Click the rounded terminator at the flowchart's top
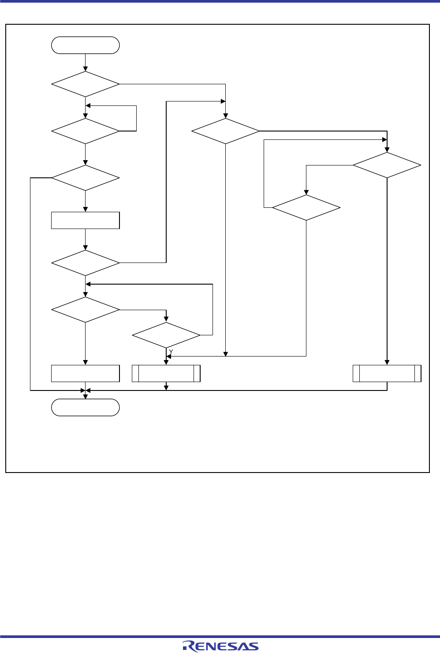(86, 45)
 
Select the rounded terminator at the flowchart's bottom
(86, 407)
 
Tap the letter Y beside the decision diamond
(171, 351)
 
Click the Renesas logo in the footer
(220, 646)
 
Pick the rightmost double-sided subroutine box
(387, 373)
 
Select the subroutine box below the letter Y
(166, 373)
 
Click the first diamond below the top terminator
(86, 84)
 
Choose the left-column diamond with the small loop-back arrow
(86, 131)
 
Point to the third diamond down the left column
(86, 178)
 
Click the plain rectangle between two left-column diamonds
(86, 220)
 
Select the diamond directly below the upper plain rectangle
(86, 263)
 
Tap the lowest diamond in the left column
(86, 310)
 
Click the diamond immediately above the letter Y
(166, 335)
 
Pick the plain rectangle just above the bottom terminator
(86, 373)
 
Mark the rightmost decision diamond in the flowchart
(387, 165)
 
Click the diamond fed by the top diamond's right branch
(226, 131)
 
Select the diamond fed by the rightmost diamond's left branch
(306, 207)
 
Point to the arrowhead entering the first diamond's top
(86, 69)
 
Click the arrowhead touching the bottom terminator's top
(86, 397)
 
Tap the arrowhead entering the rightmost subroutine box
(387, 362)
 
